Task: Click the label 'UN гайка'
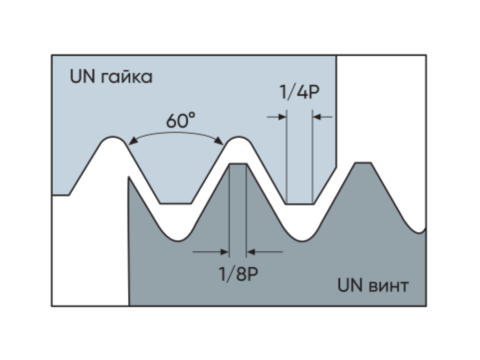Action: coord(111,76)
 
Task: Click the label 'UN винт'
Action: coord(373,285)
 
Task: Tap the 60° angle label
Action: coord(180,120)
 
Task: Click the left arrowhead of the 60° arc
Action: coord(133,141)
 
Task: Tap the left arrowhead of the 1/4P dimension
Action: coord(282,117)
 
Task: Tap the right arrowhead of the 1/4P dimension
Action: coord(317,117)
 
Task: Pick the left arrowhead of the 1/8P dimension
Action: coord(225,252)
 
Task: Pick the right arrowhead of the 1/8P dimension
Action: coord(250,252)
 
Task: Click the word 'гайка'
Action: coord(127,77)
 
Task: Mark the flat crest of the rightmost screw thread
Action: coord(363,163)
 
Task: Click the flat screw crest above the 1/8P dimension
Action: coord(238,164)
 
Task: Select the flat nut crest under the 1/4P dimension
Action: coord(300,203)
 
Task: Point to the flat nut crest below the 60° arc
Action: coord(176,203)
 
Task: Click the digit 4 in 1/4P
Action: coord(302,92)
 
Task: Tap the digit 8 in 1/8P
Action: coord(241,274)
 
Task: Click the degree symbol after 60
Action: coord(192,115)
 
